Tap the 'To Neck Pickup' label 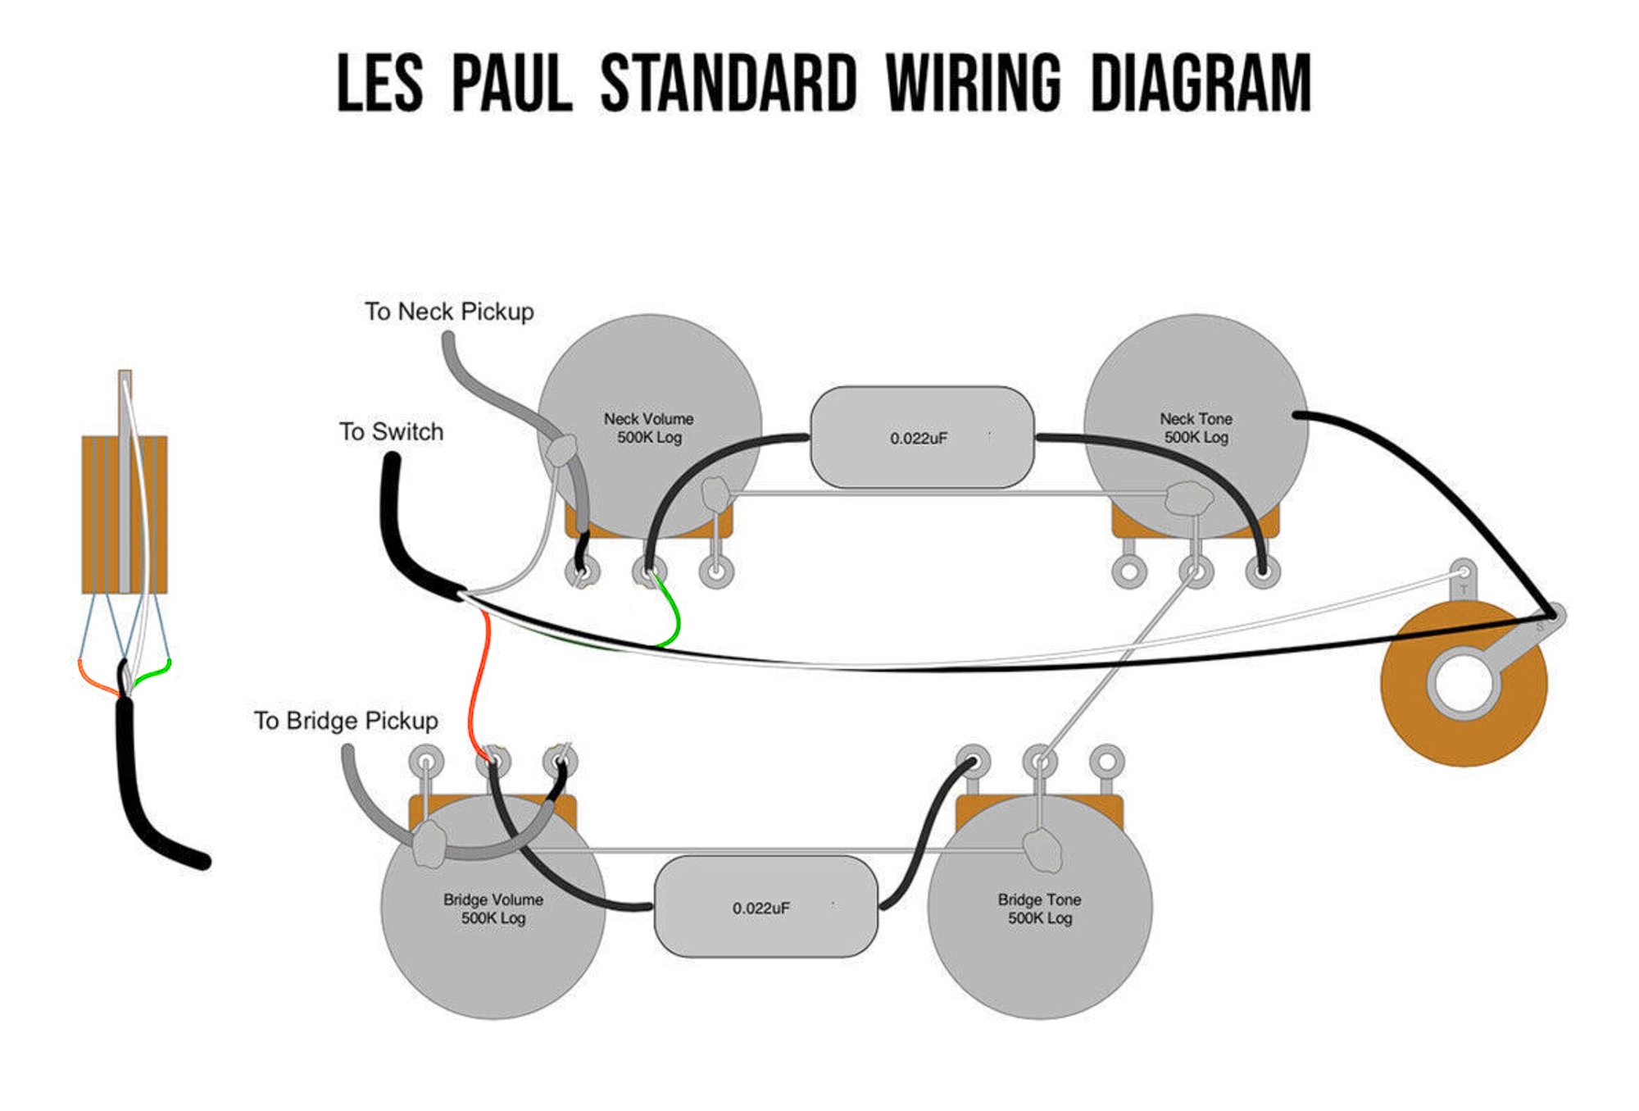[x=449, y=312]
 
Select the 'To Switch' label [x=391, y=432]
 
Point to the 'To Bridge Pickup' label [x=346, y=721]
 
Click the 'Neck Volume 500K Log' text [x=649, y=428]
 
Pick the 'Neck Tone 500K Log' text [x=1196, y=428]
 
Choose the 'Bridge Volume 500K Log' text [x=493, y=908]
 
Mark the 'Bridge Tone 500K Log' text [x=1039, y=908]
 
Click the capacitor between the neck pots [x=921, y=438]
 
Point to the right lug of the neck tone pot [x=1262, y=571]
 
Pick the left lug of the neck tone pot [x=1128, y=571]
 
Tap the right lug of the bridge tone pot [x=1106, y=762]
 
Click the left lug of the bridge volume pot [x=426, y=762]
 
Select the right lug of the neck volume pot [x=716, y=571]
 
